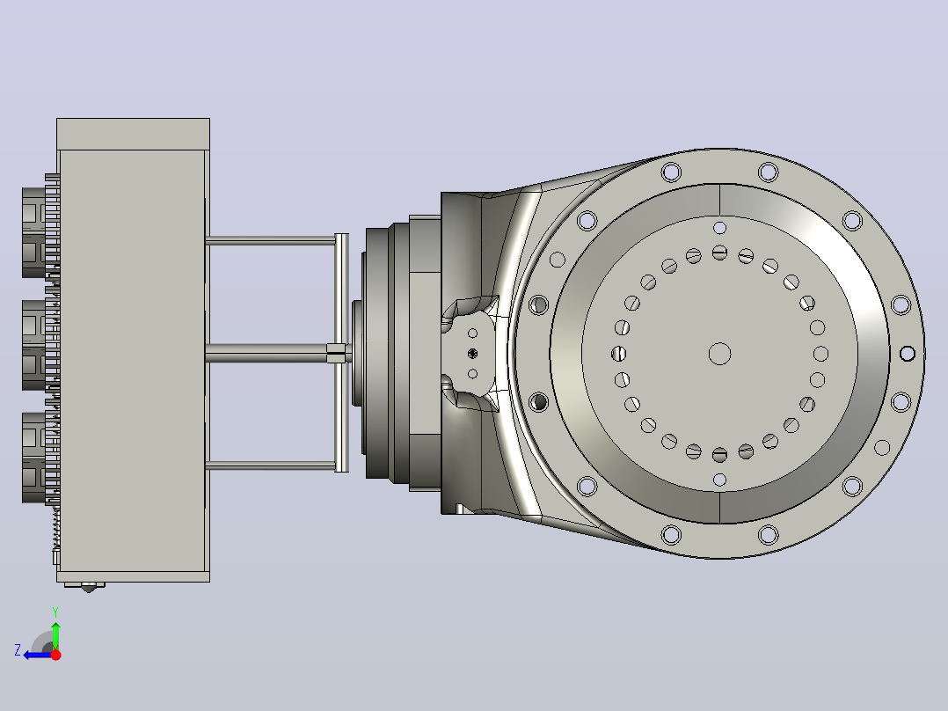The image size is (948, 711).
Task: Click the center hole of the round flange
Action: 719,354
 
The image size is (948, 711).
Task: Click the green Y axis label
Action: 55,612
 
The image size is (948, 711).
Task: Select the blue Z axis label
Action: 18,650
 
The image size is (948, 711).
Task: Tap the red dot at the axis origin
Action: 55,655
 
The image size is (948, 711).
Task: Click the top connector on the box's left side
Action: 40,232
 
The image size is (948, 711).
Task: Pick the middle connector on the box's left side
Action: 40,345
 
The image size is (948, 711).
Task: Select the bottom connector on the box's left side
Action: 40,458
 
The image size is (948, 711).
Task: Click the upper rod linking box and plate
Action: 271,241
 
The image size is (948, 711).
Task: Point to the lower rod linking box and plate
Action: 271,465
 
